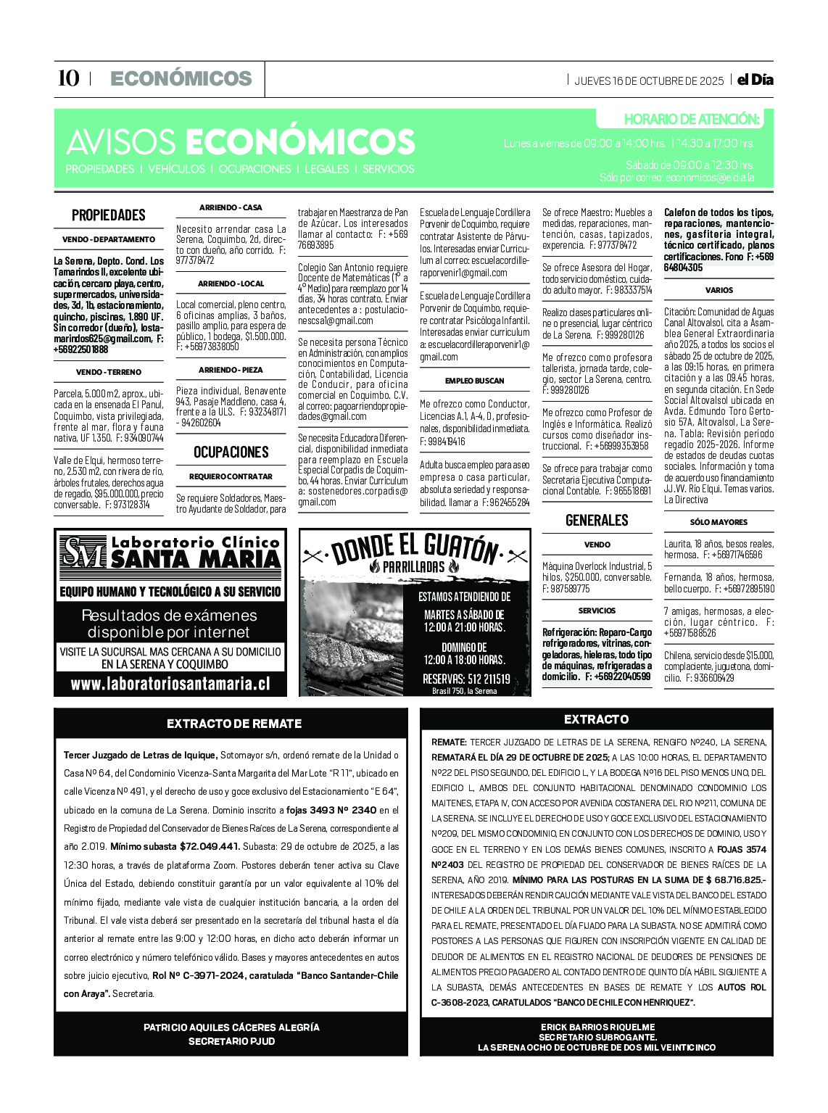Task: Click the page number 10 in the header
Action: tap(68, 78)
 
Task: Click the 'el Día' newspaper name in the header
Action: tap(755, 80)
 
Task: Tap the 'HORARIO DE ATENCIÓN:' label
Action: tap(691, 119)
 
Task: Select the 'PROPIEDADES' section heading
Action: tap(108, 215)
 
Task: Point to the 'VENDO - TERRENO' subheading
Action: tap(108, 372)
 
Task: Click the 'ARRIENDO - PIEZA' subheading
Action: tap(231, 370)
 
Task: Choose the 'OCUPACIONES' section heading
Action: tap(231, 452)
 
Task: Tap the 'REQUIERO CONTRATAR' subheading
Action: tap(231, 476)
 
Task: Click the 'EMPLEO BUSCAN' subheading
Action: tap(474, 381)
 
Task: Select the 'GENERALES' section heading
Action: tap(597, 520)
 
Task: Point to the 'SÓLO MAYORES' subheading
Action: tap(719, 522)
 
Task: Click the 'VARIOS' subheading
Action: tap(719, 290)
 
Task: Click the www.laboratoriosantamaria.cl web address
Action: tap(170, 684)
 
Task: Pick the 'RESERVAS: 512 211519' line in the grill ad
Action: tap(465, 679)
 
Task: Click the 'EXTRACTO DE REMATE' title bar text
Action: tap(233, 724)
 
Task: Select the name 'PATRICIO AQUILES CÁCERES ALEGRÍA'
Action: tap(231, 1027)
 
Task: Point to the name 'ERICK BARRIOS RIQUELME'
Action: tap(597, 1027)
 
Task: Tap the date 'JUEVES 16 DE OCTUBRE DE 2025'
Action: tap(648, 80)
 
